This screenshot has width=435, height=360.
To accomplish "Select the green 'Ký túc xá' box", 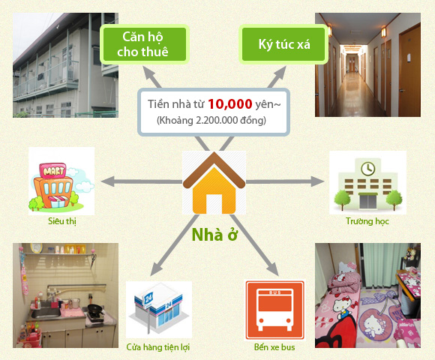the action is (283, 44).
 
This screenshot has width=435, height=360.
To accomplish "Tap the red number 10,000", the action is (230, 104).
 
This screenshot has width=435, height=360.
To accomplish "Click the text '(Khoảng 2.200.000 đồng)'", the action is (211, 120).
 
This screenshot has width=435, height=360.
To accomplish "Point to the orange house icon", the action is (214, 183).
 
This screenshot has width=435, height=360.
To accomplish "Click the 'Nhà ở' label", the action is (214, 235).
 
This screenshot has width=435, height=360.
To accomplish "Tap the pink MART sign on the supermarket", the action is (52, 170).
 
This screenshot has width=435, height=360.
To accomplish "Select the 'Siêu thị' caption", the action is (61, 221).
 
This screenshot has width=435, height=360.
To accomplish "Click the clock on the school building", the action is (367, 168).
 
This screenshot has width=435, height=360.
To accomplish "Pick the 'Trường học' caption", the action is (367, 221).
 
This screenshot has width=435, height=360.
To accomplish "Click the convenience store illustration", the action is (159, 309).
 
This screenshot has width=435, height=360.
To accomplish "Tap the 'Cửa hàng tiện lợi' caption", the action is (158, 347).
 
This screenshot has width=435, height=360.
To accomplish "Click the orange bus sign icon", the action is (275, 310).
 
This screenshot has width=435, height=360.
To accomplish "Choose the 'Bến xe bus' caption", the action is (274, 347).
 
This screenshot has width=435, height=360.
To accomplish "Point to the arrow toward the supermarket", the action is (142, 181).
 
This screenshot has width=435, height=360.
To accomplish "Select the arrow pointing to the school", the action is (285, 181).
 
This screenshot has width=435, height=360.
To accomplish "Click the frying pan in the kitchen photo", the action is (95, 308).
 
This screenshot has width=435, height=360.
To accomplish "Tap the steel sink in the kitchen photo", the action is (46, 313).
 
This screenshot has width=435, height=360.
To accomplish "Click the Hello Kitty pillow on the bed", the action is (346, 268).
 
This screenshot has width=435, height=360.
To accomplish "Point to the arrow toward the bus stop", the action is (254, 245).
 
